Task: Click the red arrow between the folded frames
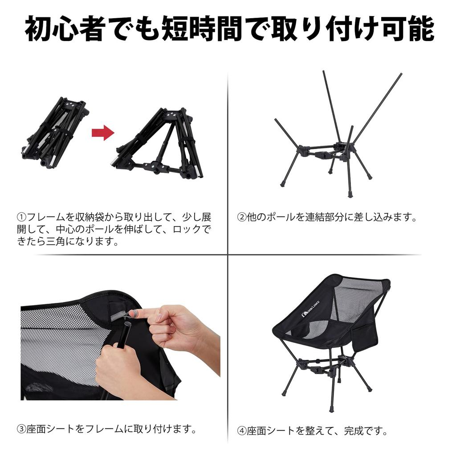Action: click(x=103, y=133)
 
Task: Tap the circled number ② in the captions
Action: click(x=241, y=218)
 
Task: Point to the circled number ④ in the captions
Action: click(x=241, y=431)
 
